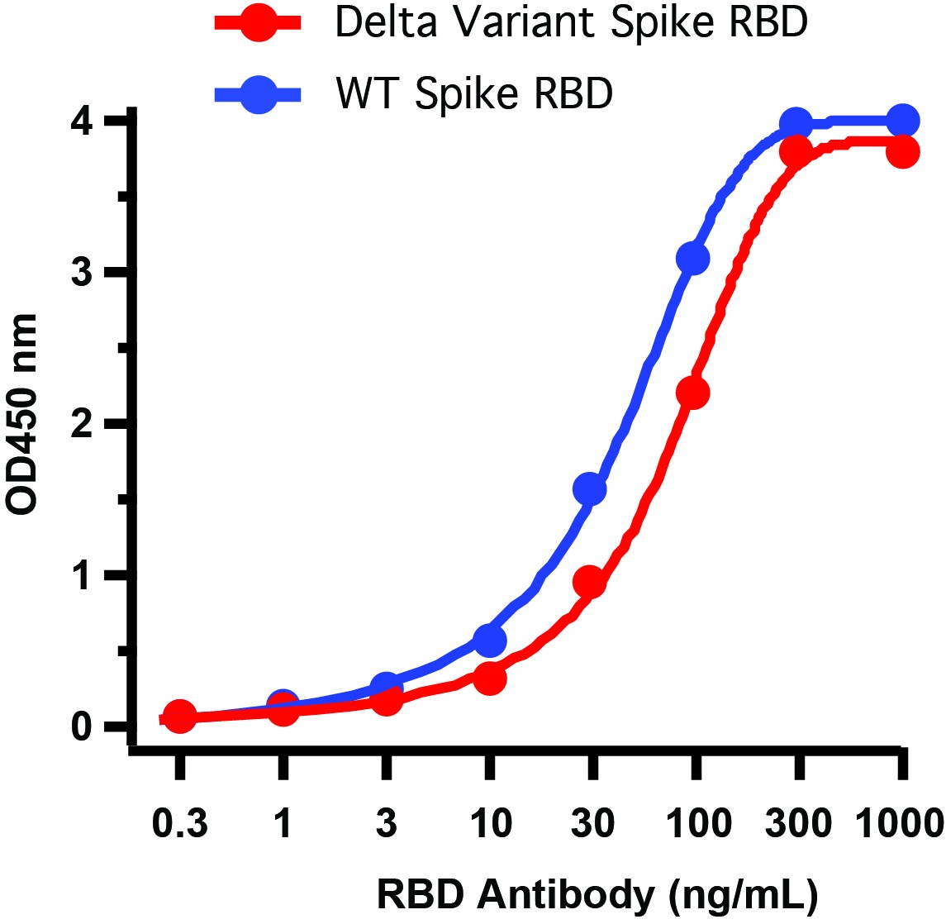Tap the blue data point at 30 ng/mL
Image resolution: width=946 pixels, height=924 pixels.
tap(589, 489)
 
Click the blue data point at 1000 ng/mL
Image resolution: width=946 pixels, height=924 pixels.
tap(902, 121)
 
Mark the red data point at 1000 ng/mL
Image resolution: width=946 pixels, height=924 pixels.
tap(903, 152)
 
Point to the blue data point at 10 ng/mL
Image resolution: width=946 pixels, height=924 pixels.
tap(490, 640)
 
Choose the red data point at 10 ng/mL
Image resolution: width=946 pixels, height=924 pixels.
tap(491, 679)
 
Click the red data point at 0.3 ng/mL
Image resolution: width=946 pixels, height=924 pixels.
tap(180, 717)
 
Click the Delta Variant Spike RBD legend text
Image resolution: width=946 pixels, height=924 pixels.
tap(571, 24)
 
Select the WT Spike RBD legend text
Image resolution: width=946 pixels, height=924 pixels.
tap(474, 94)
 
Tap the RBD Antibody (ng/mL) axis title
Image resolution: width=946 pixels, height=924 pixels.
tap(597, 894)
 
